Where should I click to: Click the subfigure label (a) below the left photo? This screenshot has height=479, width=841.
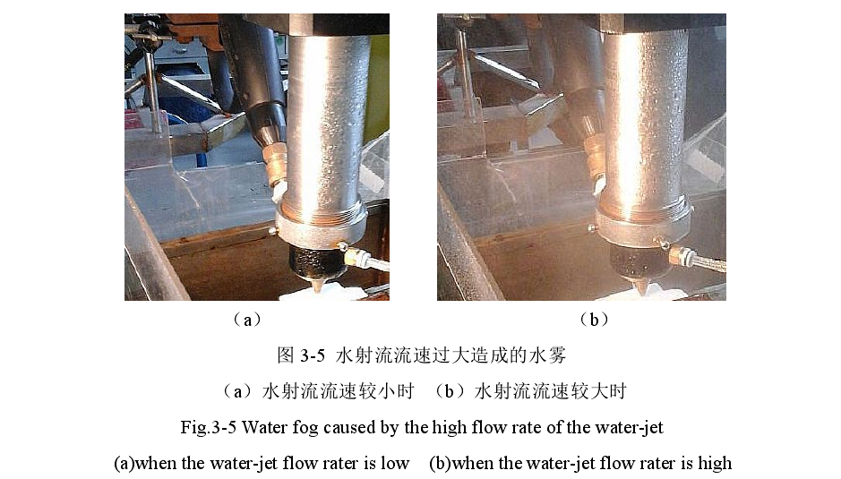pos(247,321)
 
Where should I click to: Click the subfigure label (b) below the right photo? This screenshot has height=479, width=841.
pos(594,320)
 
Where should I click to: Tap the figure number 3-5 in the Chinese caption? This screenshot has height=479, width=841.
pos(313,355)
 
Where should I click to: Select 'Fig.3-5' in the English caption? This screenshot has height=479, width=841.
pos(208,427)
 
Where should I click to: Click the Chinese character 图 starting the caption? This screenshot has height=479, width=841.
pos(286,355)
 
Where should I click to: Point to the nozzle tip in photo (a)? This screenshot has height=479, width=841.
pos(318,287)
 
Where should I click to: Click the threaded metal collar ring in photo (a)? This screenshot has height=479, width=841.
pos(322,227)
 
